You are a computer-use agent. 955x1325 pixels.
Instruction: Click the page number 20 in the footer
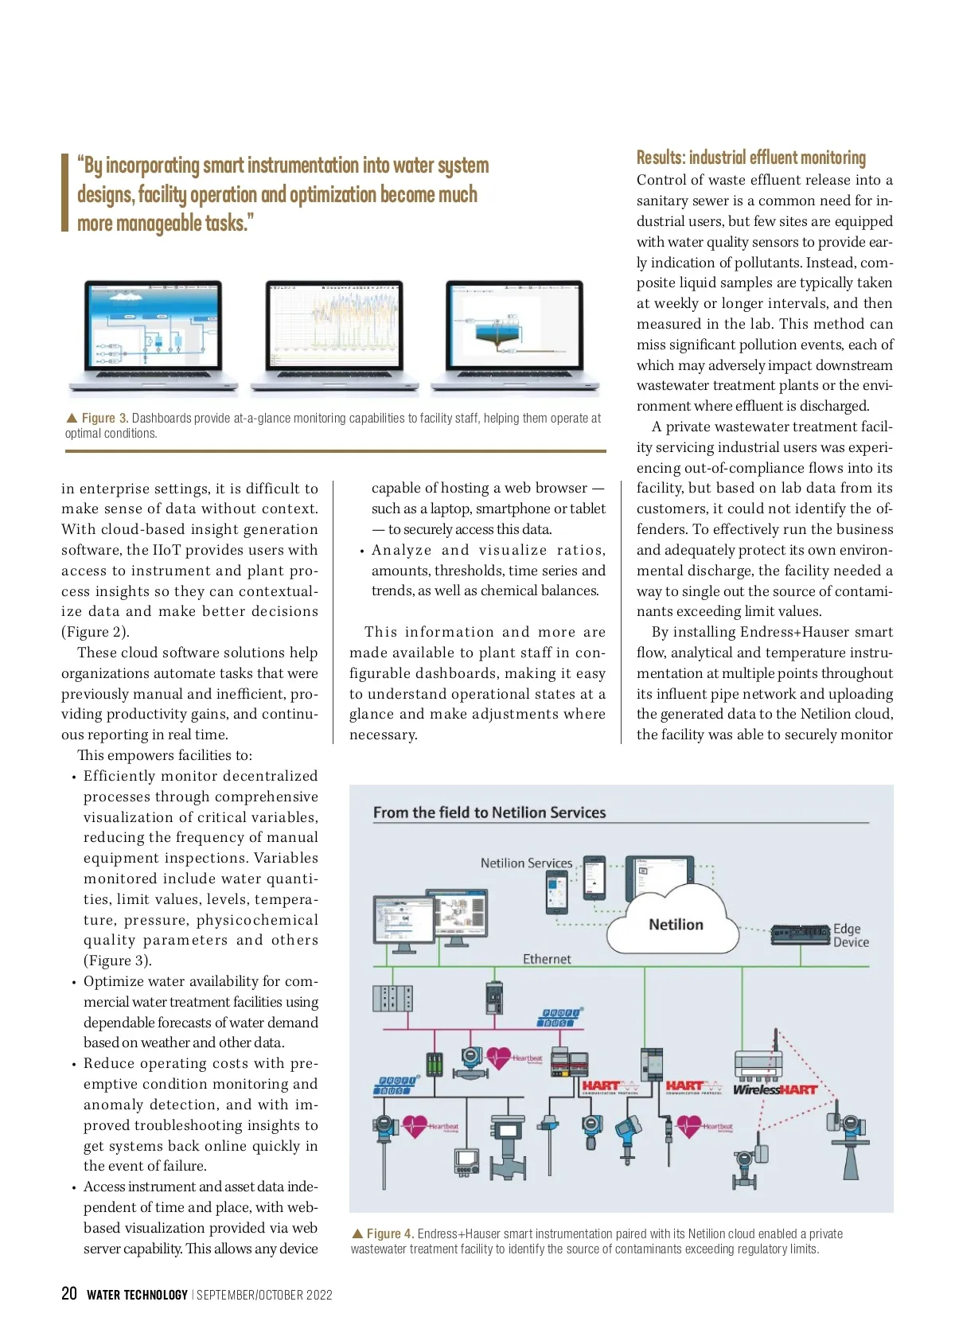69,1293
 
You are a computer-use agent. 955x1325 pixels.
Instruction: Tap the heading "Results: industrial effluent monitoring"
750,158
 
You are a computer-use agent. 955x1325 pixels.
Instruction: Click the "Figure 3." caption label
105,419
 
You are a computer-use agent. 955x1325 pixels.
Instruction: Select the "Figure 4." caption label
390,1233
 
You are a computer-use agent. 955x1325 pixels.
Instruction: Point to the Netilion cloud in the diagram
676,924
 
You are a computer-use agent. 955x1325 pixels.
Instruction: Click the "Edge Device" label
851,935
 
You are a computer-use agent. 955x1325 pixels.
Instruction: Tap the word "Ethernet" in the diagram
547,959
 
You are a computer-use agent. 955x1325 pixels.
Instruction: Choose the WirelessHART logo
774,1089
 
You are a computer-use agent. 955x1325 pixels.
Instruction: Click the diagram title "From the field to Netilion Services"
489,813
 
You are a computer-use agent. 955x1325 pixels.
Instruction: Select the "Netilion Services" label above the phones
526,863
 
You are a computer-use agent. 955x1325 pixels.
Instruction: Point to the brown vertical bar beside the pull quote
65,193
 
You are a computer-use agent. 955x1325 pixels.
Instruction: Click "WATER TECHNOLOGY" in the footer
137,1295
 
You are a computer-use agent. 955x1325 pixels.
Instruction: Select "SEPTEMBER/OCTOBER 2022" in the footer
264,1295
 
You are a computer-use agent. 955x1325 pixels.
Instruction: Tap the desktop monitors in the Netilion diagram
430,921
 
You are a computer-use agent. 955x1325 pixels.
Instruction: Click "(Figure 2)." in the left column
95,632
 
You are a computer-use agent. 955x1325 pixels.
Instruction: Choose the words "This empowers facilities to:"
165,755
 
